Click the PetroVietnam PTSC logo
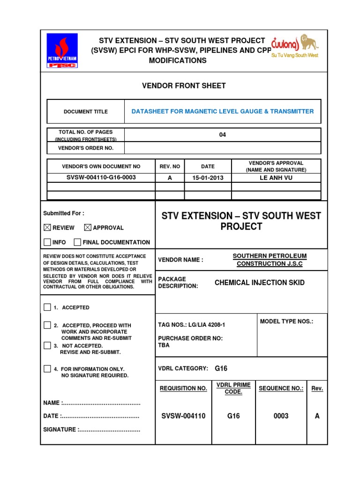[x=62, y=51]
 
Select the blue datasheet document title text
[x=223, y=112]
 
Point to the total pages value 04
[x=223, y=135]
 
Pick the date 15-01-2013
[x=208, y=178]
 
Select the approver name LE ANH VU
[x=277, y=178]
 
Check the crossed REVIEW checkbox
[x=47, y=227]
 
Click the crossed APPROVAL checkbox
[x=88, y=227]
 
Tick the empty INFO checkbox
[x=47, y=242]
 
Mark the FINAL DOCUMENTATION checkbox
[x=77, y=242]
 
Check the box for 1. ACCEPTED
[x=47, y=307]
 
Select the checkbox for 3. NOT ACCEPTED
[x=47, y=345]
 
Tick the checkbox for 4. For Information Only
[x=47, y=369]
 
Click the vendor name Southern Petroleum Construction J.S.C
[x=270, y=260]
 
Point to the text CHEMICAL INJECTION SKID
[x=259, y=283]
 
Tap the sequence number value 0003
[x=281, y=416]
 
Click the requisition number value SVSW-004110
[x=183, y=416]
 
